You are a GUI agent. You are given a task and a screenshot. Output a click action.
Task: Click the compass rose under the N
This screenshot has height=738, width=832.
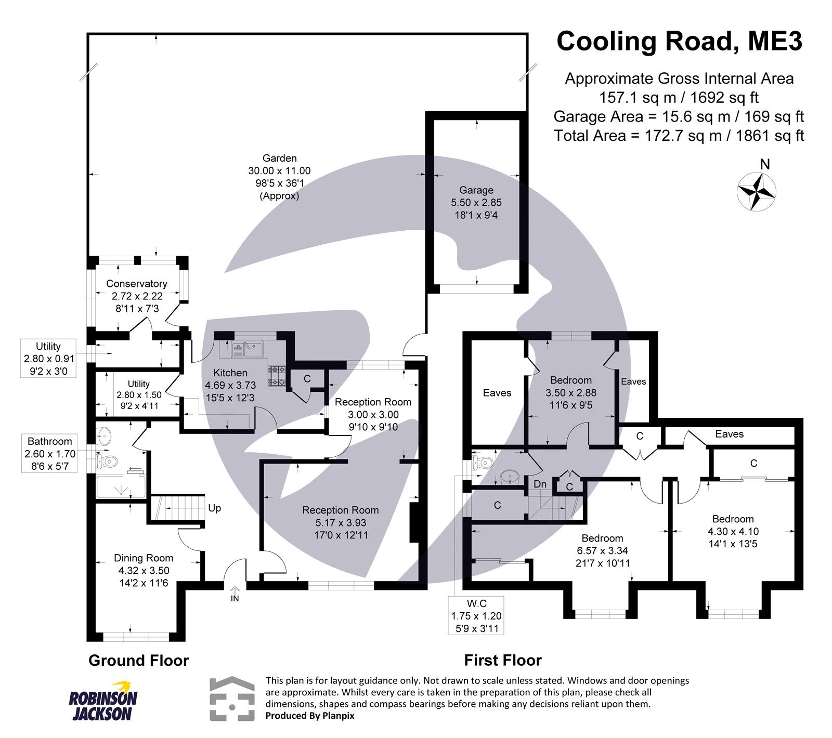click(x=757, y=191)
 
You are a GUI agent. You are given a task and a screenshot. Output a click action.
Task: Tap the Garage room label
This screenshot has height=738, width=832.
click(x=476, y=190)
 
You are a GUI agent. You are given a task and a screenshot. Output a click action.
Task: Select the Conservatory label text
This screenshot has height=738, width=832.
click(x=136, y=284)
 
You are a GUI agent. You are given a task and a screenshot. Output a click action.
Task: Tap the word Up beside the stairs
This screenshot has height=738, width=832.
click(x=214, y=508)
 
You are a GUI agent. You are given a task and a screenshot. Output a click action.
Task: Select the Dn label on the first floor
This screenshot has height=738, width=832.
click(x=540, y=484)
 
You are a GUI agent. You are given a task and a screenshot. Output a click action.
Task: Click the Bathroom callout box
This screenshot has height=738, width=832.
click(x=50, y=454)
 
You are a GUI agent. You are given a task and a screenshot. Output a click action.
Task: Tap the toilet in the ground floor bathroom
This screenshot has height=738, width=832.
click(x=111, y=461)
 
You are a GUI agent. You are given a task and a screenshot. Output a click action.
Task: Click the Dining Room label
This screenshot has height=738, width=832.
click(x=144, y=558)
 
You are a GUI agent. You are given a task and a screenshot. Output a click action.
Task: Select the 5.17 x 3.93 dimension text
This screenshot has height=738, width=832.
click(x=341, y=522)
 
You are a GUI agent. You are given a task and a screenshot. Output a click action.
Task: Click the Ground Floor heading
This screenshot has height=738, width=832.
click(x=138, y=661)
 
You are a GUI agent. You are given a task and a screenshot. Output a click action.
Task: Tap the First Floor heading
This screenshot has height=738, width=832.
click(x=503, y=661)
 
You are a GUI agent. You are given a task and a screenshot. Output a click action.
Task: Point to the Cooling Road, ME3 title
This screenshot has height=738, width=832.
click(x=679, y=42)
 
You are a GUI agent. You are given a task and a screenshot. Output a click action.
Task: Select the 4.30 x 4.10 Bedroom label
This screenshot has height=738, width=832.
click(x=733, y=531)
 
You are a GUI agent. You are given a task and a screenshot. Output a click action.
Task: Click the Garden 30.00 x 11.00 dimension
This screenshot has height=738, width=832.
click(x=279, y=170)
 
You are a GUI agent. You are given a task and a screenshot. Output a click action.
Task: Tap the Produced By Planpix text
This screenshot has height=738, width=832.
click(x=310, y=716)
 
